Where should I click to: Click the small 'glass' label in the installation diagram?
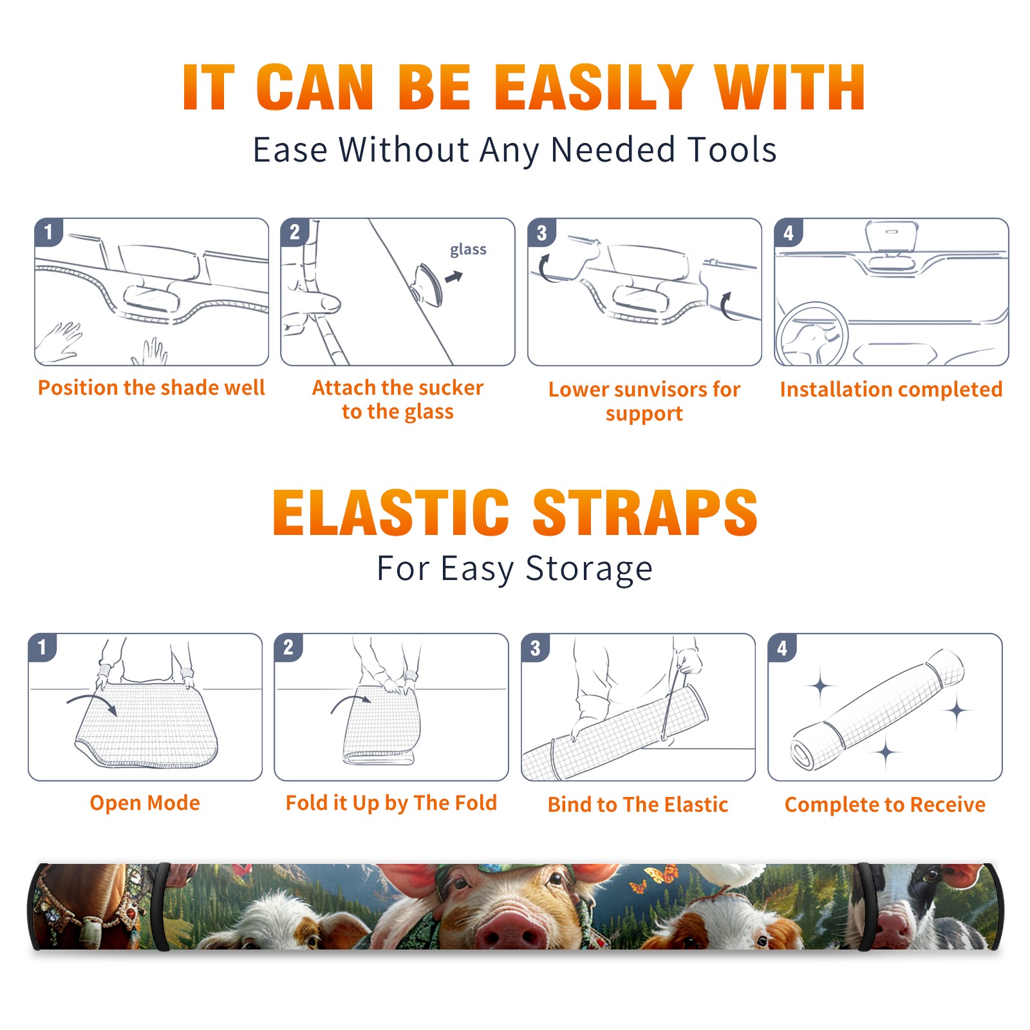(468, 249)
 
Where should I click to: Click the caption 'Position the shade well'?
(151, 388)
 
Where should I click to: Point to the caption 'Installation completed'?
(891, 389)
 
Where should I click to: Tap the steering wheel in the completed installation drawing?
(812, 333)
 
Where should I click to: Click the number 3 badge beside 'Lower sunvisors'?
(541, 232)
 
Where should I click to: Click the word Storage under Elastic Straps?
(589, 569)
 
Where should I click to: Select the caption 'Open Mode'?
(145, 803)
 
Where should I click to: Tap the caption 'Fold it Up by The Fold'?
(391, 803)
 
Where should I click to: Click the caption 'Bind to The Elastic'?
(638, 804)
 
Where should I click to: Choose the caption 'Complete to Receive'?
(885, 804)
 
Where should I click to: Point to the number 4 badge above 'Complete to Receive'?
(782, 648)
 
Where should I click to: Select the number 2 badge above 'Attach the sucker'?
(295, 232)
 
